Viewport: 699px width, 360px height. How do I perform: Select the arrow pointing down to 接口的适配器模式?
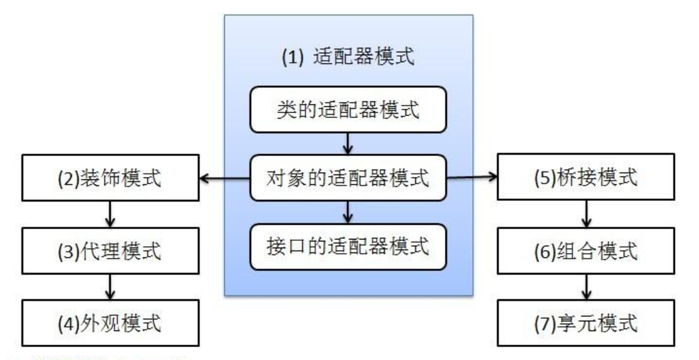point(348,213)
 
